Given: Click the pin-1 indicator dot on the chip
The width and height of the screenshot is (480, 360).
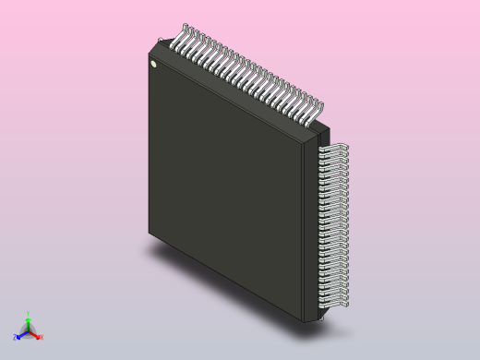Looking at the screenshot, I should [154, 65].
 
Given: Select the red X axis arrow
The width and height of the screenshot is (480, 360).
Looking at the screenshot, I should [36, 335].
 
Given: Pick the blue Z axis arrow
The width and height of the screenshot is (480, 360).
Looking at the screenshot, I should [20, 336].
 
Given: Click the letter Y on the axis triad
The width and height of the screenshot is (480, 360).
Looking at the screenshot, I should [28, 314].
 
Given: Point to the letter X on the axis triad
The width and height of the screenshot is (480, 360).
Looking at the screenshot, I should [41, 337].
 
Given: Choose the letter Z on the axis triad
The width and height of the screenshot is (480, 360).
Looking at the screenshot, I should [16, 338].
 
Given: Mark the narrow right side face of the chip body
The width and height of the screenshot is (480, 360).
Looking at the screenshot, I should [310, 231].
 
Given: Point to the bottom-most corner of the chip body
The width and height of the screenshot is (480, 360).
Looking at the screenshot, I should [305, 321].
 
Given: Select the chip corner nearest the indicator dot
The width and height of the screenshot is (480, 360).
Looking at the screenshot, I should [150, 44].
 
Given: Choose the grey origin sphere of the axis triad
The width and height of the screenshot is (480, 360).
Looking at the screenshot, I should [28, 331].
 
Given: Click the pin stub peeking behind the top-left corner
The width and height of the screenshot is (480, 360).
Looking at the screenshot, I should [162, 40].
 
